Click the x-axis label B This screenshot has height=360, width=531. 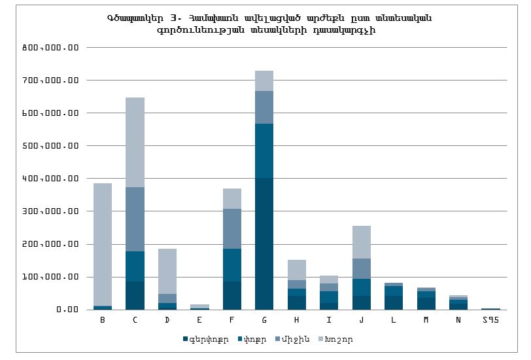[x=103, y=319]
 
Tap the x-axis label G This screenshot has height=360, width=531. [x=264, y=319]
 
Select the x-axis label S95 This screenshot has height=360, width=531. [x=490, y=319]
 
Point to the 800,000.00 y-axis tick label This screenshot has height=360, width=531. [x=50, y=48]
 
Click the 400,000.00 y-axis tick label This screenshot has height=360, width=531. [x=50, y=179]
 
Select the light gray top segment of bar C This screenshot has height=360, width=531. [x=135, y=142]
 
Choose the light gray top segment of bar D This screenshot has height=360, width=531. [x=167, y=271]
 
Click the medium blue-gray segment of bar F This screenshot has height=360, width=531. [x=232, y=228]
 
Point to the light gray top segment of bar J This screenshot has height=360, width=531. [x=361, y=242]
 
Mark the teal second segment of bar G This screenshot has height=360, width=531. [x=264, y=151]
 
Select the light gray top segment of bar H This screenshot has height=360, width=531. [x=296, y=270]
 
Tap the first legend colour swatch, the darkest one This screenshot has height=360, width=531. [x=186, y=340]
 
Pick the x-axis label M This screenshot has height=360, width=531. [x=426, y=319]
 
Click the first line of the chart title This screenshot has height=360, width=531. [x=268, y=18]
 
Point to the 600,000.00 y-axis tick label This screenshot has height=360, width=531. [x=50, y=113]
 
